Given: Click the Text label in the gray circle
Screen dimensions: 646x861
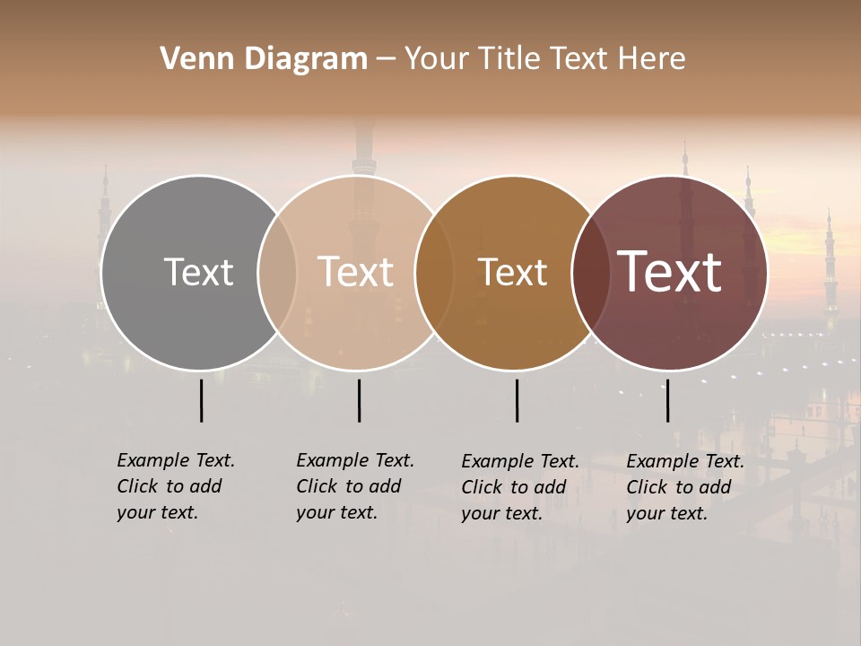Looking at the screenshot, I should coord(198,272).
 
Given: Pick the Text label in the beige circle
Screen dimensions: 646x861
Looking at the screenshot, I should coord(356,272).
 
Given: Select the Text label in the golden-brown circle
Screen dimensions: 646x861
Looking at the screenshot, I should coord(512,273).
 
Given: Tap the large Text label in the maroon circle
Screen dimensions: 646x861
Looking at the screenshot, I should coord(670,272).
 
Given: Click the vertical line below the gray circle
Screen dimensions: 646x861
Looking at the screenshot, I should coord(201,400).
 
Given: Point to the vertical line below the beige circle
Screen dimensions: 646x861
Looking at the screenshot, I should coord(359,400).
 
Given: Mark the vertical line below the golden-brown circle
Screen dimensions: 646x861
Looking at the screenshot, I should coord(517,400).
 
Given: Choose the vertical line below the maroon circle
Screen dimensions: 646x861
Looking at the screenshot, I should coord(667,400).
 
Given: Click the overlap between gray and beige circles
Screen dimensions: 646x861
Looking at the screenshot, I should coord(277,273).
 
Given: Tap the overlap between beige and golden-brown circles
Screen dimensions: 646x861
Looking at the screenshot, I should coord(434,273).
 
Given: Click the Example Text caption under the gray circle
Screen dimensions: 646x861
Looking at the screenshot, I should coord(175,486).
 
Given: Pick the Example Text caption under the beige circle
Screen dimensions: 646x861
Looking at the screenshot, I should coord(354,486).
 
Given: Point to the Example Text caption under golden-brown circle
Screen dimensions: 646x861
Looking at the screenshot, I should coord(519,487).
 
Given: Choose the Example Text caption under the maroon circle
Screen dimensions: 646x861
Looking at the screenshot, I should coord(684,487).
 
